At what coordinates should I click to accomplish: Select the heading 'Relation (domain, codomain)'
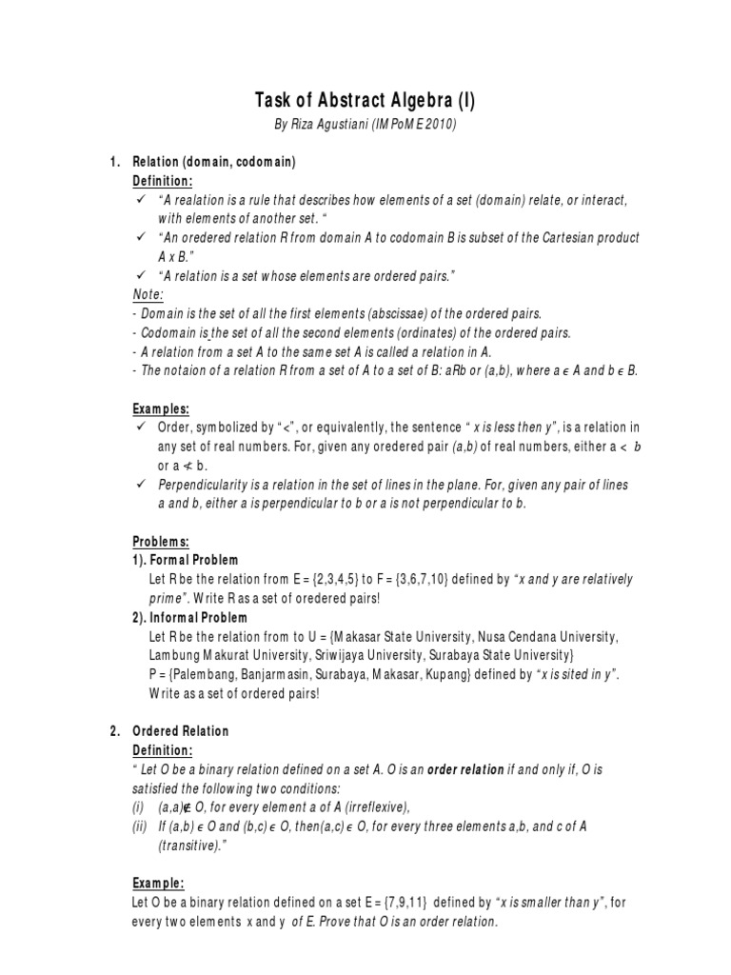(214, 163)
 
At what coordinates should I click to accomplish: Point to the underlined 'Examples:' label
(161, 408)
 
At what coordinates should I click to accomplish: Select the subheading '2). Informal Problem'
(189, 617)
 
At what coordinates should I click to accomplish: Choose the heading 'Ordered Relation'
(181, 731)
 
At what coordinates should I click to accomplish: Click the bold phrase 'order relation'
(464, 769)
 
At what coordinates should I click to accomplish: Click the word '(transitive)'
(190, 846)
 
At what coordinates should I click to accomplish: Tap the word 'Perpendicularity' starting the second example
(202, 485)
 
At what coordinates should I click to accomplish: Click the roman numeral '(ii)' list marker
(140, 826)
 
